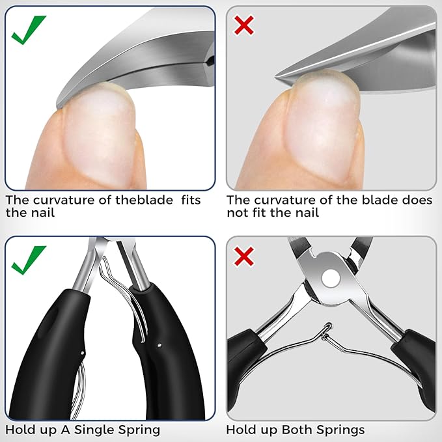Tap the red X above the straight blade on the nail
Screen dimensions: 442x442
point(244,26)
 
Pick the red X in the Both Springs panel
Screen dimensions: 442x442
point(244,256)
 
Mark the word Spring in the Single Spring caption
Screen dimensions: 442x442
point(139,430)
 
